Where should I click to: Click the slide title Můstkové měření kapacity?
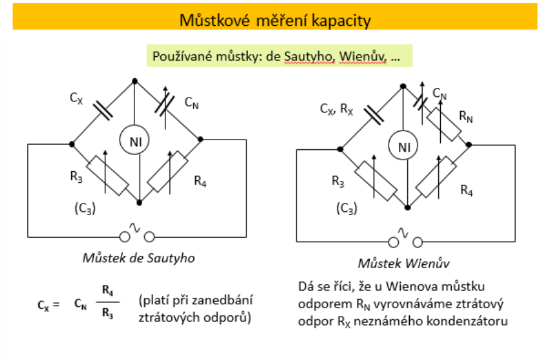pyautogui.click(x=275, y=21)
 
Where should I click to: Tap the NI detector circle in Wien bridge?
pyautogui.click(x=404, y=147)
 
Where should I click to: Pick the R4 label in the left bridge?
pyautogui.click(x=200, y=181)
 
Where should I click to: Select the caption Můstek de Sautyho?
pyautogui.click(x=138, y=257)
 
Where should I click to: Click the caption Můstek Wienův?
pyautogui.click(x=404, y=264)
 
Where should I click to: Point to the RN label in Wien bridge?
pyautogui.click(x=466, y=116)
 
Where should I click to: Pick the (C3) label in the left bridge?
pyautogui.click(x=84, y=208)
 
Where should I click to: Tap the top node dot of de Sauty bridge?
pyautogui.click(x=134, y=81)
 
